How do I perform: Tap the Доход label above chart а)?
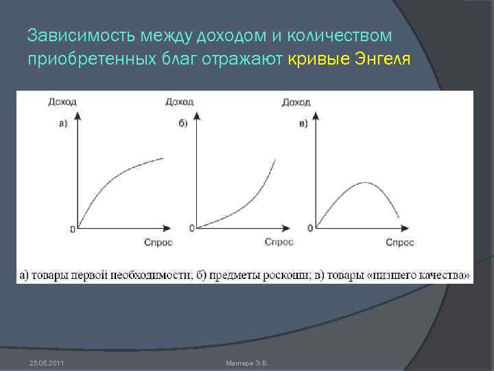(x=62, y=102)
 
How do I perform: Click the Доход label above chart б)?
(x=180, y=102)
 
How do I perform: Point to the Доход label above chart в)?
(x=296, y=102)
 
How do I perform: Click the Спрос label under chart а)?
(x=158, y=242)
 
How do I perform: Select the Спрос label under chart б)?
(x=279, y=242)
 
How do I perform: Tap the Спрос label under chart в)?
(x=399, y=242)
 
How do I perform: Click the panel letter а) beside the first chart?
(x=62, y=124)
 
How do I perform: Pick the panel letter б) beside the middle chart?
(x=183, y=124)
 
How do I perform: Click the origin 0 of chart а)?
(x=72, y=229)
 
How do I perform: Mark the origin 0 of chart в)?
(x=310, y=228)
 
